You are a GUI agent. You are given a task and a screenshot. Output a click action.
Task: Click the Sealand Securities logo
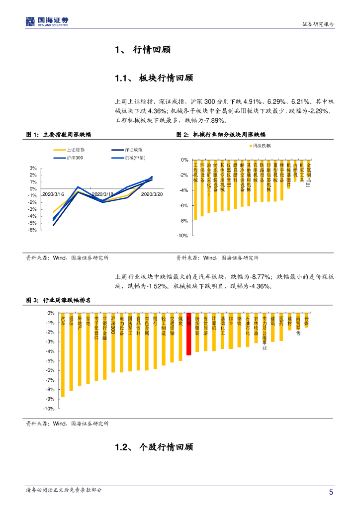(x=47, y=21)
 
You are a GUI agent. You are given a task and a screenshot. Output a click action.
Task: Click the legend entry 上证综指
(x=75, y=149)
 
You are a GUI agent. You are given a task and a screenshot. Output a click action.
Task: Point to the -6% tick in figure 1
(x=33, y=230)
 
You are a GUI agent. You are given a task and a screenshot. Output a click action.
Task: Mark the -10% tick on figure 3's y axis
(x=50, y=409)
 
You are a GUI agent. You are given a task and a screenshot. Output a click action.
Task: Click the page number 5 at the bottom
(x=331, y=492)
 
